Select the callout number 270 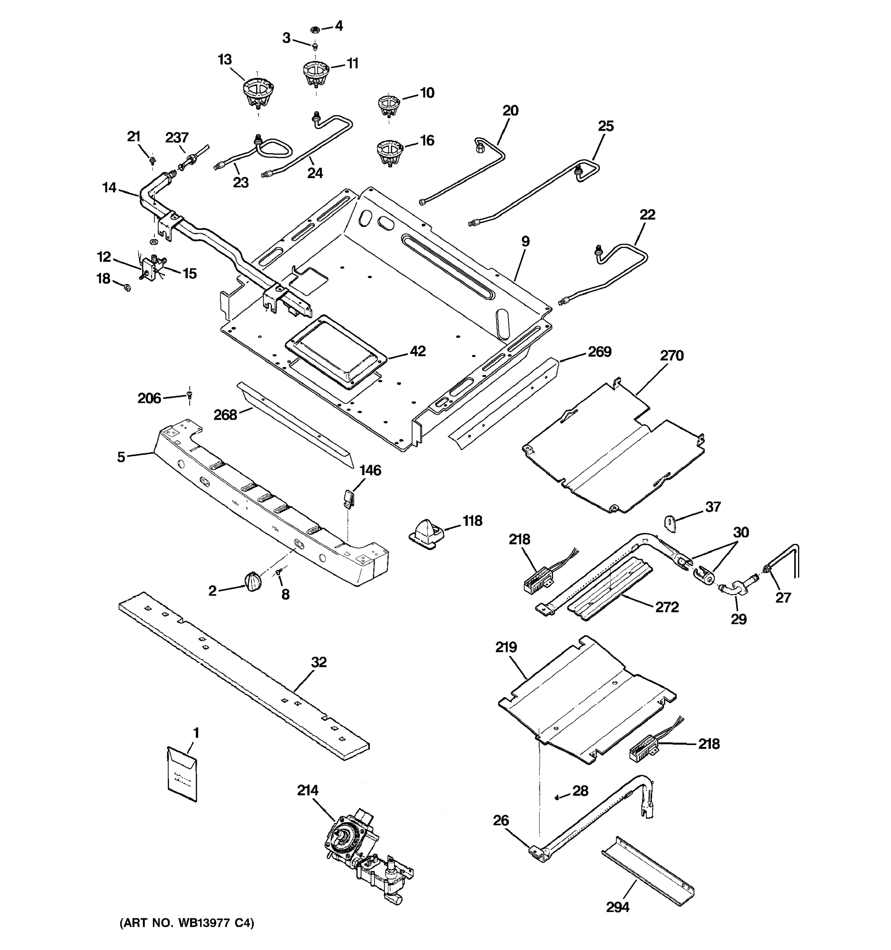(672, 355)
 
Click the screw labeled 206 (190, 395)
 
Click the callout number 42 (417, 351)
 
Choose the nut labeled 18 (127, 287)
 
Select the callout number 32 (319, 662)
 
